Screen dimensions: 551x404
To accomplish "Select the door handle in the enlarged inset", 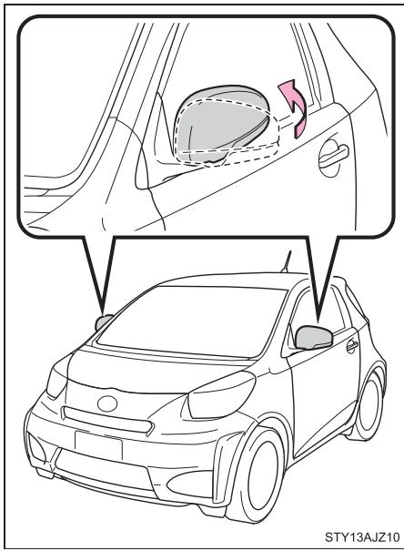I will [328, 156].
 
